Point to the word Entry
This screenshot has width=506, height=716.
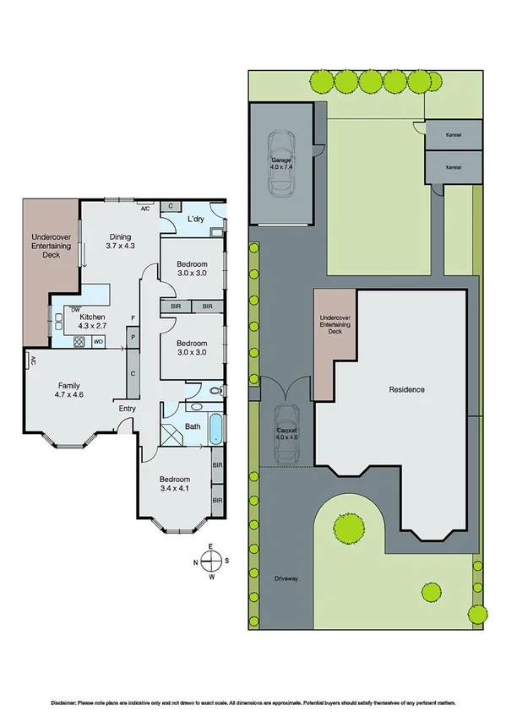point(127,410)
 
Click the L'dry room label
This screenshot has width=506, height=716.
point(196,220)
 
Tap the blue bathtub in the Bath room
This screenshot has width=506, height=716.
point(216,429)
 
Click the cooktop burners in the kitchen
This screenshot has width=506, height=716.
point(79,342)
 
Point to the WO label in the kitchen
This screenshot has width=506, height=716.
point(98,342)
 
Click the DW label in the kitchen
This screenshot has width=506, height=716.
point(75,309)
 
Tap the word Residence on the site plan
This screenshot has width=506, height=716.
point(405,389)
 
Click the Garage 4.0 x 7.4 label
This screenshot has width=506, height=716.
point(281,163)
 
